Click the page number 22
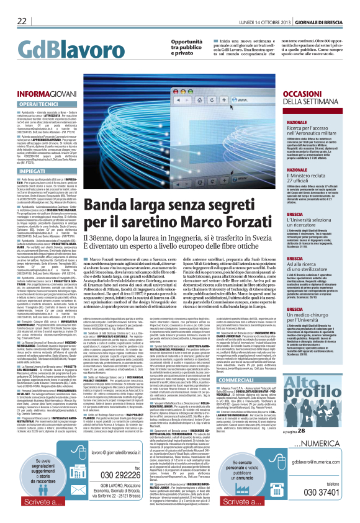[21, 21]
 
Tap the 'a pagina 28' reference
[330, 429]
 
